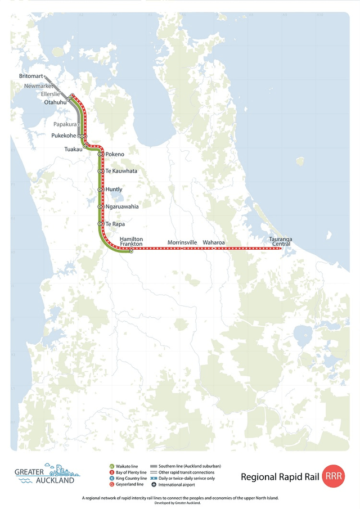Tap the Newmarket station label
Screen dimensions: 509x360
point(37,87)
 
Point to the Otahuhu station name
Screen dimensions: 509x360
point(55,102)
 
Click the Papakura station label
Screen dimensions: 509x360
point(65,124)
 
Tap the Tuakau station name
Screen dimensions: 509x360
point(72,149)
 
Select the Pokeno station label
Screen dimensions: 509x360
point(115,154)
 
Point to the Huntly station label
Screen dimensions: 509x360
point(114,190)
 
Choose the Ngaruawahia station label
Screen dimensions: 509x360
point(121,206)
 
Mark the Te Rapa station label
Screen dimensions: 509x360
point(115,224)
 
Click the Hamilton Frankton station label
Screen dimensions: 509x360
point(131,241)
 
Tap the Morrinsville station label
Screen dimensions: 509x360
point(182,242)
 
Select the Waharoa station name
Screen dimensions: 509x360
point(214,242)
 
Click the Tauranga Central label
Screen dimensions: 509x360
point(280,241)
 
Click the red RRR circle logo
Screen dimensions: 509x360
point(334,476)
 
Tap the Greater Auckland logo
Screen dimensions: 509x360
point(47,474)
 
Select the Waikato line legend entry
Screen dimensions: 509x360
point(127,466)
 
